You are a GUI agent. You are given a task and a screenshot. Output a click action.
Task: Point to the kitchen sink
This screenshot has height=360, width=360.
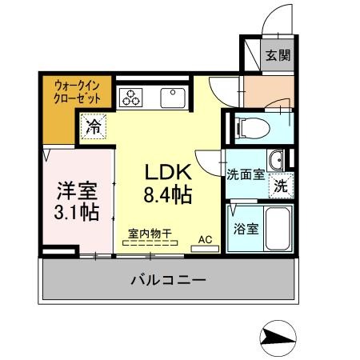click(x=172, y=98)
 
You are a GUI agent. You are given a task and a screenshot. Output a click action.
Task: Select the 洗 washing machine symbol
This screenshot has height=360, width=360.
click(x=281, y=185)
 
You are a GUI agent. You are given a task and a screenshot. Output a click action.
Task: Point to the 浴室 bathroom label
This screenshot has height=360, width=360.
click(x=245, y=229)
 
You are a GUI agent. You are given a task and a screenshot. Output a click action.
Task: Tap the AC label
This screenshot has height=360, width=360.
click(x=205, y=238)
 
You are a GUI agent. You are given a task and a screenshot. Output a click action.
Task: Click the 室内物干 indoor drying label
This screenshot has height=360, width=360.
click(x=150, y=234)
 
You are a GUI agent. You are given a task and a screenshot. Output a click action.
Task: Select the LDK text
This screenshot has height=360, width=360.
click(x=168, y=171)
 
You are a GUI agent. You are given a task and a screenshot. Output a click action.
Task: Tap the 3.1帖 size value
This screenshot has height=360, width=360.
click(x=77, y=213)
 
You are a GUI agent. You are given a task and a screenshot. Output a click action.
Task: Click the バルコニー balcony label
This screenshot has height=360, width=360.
click(x=168, y=280)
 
